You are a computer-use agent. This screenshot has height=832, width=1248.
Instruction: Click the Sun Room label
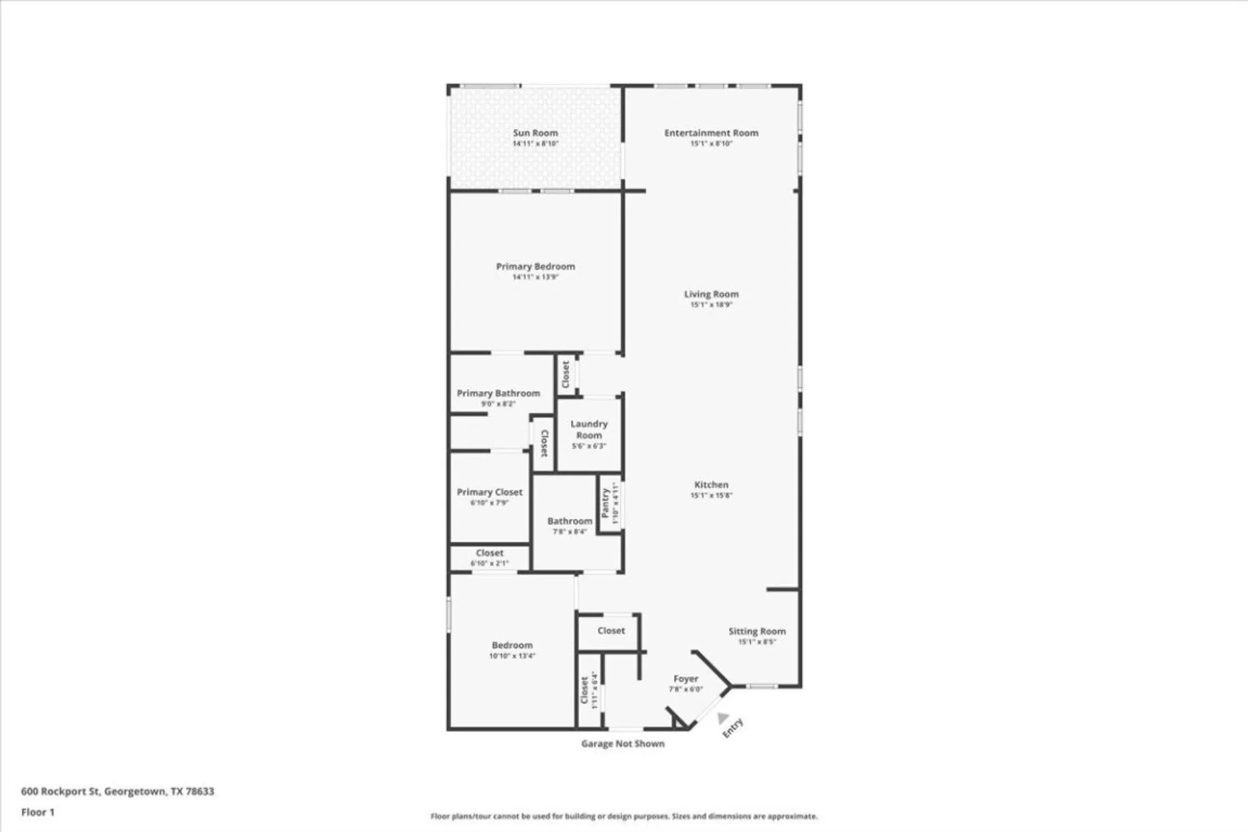tap(535, 133)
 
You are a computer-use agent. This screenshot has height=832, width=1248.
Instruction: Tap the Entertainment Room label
tap(711, 133)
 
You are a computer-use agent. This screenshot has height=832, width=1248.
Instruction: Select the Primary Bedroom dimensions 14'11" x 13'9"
tap(535, 277)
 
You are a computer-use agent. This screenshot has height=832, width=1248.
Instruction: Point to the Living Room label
tap(711, 294)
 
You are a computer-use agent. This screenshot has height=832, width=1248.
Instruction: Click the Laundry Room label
tap(588, 429)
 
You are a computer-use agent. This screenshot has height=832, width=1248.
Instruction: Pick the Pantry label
tap(605, 503)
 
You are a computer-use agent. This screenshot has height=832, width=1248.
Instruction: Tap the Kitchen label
tap(711, 485)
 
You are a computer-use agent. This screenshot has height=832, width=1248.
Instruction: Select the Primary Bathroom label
tap(498, 393)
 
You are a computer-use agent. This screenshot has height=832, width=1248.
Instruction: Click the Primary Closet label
tap(489, 492)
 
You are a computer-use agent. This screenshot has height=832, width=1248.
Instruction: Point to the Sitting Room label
tap(756, 632)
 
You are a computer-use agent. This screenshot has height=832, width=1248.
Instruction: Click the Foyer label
tap(685, 679)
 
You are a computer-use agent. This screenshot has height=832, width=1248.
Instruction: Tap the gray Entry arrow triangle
tap(722, 718)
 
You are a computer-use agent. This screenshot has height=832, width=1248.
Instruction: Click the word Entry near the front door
tap(733, 728)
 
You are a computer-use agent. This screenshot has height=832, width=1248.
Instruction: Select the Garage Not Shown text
tap(622, 744)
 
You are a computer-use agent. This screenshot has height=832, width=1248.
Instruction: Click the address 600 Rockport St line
tap(117, 791)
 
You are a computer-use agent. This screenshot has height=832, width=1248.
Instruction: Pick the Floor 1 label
tap(37, 812)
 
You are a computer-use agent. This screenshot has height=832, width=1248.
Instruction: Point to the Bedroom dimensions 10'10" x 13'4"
tap(512, 656)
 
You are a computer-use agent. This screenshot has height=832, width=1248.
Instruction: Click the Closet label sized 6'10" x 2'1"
tap(489, 554)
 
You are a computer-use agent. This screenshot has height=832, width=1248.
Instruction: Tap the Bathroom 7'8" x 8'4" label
tap(569, 521)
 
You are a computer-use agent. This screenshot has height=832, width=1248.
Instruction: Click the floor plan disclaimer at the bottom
tap(623, 816)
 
